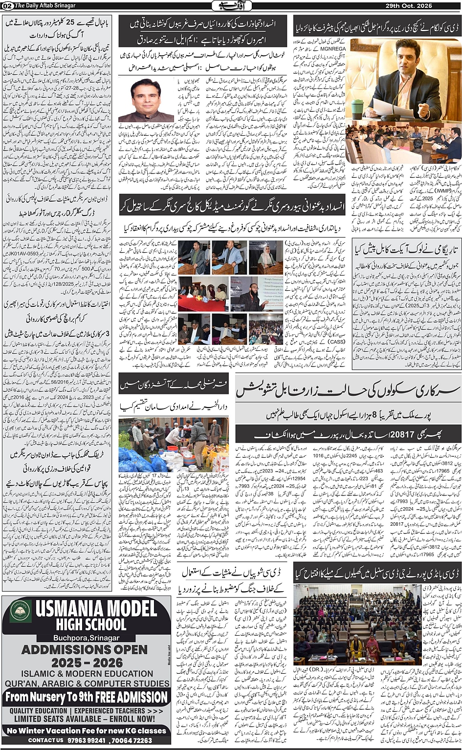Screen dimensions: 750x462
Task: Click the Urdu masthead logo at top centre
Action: (231, 5)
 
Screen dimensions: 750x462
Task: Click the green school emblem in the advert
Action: (20, 612)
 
